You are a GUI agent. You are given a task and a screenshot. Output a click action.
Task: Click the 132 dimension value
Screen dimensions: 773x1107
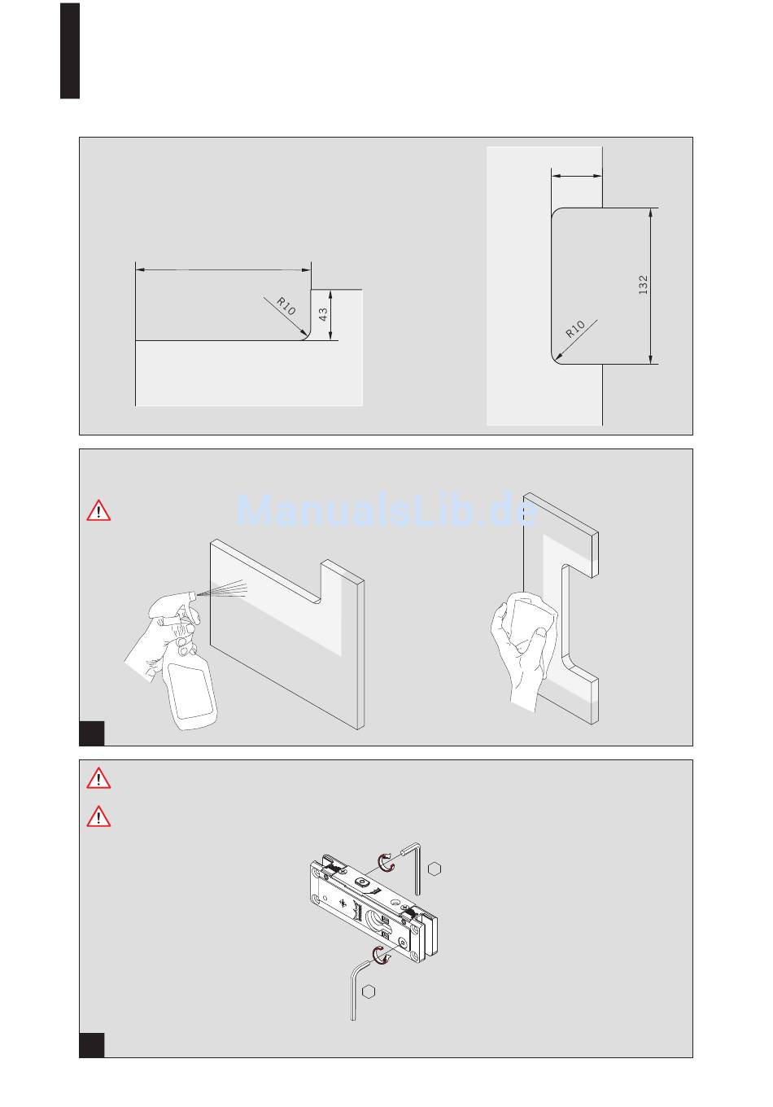pos(643,285)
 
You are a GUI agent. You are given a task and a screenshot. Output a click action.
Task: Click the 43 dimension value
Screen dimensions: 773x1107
pos(322,314)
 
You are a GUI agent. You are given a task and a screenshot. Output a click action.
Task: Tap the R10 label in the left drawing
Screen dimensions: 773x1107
pos(286,306)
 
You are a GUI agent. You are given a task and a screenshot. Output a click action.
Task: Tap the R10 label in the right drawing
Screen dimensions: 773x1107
pos(575,329)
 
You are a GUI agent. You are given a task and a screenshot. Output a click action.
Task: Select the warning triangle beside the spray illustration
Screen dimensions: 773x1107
pos(98,511)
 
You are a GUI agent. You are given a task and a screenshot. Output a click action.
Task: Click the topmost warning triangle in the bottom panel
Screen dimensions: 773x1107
pos(98,778)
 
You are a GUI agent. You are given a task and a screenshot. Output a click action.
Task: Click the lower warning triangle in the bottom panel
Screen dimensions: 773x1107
pos(98,816)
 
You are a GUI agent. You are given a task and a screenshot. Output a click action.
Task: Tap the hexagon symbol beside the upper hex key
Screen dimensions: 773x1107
pos(435,869)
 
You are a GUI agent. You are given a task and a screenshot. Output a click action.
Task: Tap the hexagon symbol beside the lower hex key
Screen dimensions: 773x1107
pos(369,991)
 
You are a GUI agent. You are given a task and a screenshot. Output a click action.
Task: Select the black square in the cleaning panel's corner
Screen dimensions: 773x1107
pos(92,733)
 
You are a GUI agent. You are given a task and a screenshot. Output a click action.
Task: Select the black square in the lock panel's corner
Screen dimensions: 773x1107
pos(92,1045)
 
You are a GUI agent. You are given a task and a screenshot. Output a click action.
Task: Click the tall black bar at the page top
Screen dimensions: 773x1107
pos(70,51)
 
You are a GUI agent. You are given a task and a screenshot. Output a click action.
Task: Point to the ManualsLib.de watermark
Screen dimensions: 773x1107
pos(387,510)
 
